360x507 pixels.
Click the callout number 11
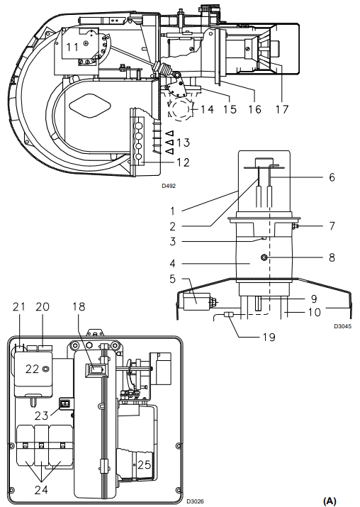72,48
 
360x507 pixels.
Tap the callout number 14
207,109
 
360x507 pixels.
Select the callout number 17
281,109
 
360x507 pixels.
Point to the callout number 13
184,143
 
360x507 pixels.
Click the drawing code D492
169,186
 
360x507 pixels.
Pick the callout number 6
332,177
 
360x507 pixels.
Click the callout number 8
332,257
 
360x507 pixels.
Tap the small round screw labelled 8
264,257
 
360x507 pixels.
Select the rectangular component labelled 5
197,302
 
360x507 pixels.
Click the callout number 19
269,338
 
